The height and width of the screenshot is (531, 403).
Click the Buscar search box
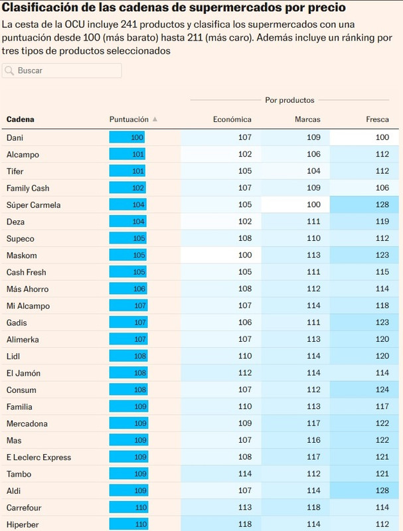pos(66,70)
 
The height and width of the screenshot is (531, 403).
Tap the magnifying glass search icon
pos(10,70)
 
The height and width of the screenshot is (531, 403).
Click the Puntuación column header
pos(129,119)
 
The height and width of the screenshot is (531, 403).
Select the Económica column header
pos(232,119)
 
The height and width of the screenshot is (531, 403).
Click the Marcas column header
pos(307,119)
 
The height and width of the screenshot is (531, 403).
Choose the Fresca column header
pos(377,119)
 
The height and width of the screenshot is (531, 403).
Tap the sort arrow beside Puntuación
pos(155,119)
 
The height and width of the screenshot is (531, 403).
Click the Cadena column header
pos(21,119)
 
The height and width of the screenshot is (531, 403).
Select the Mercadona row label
pos(26,423)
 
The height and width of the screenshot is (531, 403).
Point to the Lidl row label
pos(13,356)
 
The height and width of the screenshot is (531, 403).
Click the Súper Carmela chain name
pos(33,205)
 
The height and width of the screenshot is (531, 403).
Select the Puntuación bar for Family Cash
pos(127,189)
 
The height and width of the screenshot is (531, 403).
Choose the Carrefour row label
pos(24,508)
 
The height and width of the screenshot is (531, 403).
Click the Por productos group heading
pos(289,100)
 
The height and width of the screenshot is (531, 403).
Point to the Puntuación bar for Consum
pos(127,390)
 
